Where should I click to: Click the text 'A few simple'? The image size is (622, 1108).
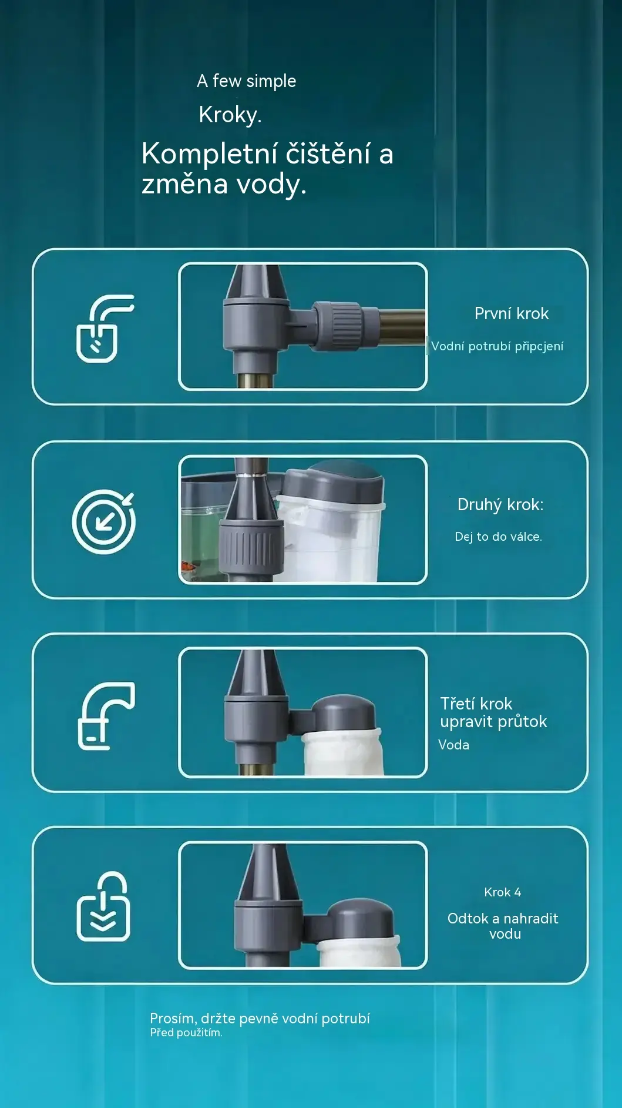click(x=246, y=81)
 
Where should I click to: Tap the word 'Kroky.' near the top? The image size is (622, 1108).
click(x=230, y=115)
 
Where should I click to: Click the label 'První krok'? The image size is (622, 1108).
click(x=511, y=313)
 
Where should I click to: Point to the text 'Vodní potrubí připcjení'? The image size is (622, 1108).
click(x=497, y=346)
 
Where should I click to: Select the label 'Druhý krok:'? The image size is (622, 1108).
click(x=500, y=504)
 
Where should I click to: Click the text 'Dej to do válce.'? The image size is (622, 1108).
click(x=498, y=536)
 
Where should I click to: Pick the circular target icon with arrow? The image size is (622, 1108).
click(x=103, y=521)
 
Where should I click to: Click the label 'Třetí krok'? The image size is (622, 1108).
click(x=476, y=704)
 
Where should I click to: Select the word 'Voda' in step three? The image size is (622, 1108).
click(x=453, y=745)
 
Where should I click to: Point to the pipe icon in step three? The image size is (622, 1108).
click(x=106, y=715)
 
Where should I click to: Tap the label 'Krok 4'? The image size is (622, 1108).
click(x=502, y=892)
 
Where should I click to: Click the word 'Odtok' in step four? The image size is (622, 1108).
click(x=468, y=918)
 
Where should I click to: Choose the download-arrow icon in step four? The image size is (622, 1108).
click(x=103, y=906)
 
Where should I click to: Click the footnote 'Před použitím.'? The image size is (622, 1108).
click(x=186, y=1033)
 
